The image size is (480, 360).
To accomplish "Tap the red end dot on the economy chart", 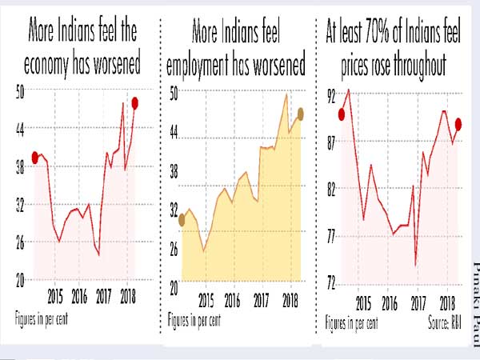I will [136, 102].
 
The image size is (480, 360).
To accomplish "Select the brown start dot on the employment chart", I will [182, 220].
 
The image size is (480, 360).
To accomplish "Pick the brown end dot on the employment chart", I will [300, 113].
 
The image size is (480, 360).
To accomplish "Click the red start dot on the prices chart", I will [342, 114].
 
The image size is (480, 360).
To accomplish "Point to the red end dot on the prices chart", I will [459, 123].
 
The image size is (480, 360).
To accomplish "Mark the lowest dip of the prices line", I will [416, 265].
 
